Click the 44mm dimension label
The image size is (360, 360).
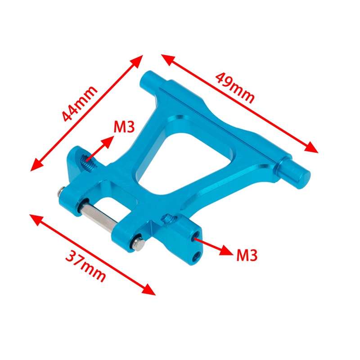pyautogui.click(x=80, y=103)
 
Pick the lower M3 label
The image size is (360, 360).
pyautogui.click(x=247, y=255)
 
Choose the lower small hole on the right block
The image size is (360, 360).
pyautogui.click(x=196, y=257)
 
